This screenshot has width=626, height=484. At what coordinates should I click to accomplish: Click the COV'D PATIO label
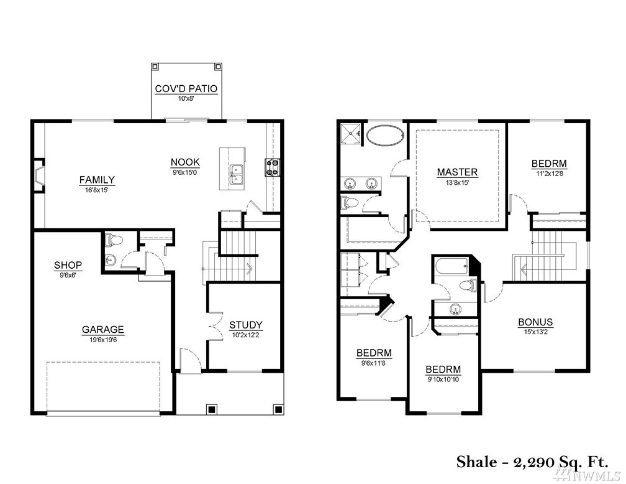click(x=186, y=89)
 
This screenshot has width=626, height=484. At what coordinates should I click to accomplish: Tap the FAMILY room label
click(x=97, y=180)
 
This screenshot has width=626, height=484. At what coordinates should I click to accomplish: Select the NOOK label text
click(x=185, y=162)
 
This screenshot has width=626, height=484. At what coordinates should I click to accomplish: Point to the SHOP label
click(x=68, y=265)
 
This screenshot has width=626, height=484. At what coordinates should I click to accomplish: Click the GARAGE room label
click(x=102, y=330)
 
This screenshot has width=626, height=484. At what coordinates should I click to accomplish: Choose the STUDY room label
click(x=245, y=325)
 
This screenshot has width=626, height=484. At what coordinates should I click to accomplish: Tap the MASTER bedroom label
click(x=457, y=172)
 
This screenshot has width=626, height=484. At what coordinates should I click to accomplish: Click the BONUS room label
click(x=535, y=322)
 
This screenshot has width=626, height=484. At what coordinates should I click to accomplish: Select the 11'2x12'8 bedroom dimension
click(x=550, y=174)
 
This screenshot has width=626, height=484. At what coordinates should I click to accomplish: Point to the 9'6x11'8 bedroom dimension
click(x=374, y=363)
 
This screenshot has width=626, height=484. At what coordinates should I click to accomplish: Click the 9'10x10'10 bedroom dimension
click(x=443, y=379)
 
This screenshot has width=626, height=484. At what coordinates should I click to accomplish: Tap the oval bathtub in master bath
click(x=384, y=136)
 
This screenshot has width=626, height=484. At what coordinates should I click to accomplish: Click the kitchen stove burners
click(x=273, y=167)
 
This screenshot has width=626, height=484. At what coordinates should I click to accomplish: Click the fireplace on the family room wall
click(x=39, y=175)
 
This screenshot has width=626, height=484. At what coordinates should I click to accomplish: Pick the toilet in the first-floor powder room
click(x=114, y=240)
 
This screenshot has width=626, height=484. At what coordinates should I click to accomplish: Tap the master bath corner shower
click(x=350, y=133)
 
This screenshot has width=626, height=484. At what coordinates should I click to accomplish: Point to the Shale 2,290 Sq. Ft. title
click(x=533, y=462)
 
